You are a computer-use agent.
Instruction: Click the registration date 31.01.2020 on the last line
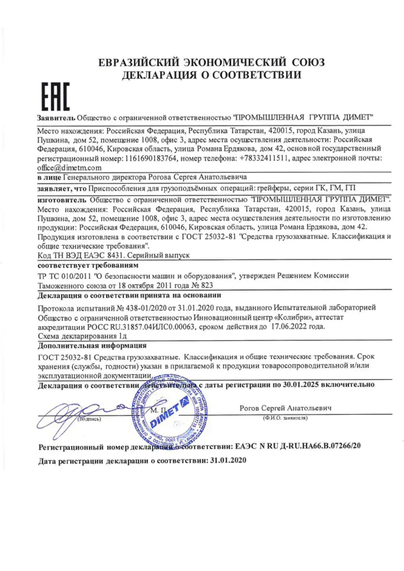coord(226,460)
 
